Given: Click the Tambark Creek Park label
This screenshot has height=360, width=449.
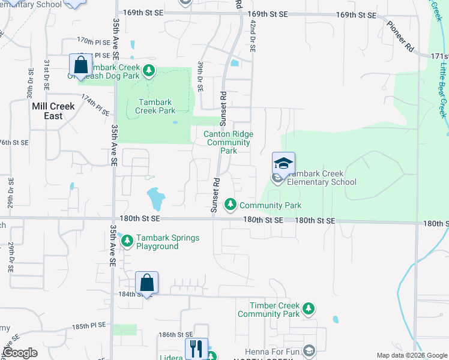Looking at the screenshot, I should tap(155, 106).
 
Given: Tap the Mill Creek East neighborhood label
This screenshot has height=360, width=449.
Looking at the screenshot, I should tap(53, 111).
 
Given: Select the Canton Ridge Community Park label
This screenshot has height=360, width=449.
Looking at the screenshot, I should tap(229, 142).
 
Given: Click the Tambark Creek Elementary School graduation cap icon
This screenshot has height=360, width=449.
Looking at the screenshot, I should tap(283, 162).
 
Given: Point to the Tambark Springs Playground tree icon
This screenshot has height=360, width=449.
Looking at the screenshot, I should tap(127, 242).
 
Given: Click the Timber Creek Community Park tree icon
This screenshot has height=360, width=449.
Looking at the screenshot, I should tap(308, 308).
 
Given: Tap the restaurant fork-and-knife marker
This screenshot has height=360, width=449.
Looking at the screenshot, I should tap(196, 348).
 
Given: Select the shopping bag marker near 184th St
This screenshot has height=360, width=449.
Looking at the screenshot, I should tap(147, 282).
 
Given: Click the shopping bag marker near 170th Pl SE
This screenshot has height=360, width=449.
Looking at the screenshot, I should tap(80, 65).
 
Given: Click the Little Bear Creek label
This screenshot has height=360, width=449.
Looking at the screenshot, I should tap(442, 91).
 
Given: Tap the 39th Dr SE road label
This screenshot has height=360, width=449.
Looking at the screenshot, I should tap(201, 76).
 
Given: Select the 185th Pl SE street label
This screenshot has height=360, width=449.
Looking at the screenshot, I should tap(89, 328).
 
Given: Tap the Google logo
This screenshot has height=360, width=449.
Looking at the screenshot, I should tap(20, 353).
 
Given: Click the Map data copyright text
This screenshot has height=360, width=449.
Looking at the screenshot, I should tap(411, 355).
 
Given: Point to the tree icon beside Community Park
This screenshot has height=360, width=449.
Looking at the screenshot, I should tap(230, 205).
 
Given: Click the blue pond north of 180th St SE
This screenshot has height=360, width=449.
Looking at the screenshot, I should tap(155, 196).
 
